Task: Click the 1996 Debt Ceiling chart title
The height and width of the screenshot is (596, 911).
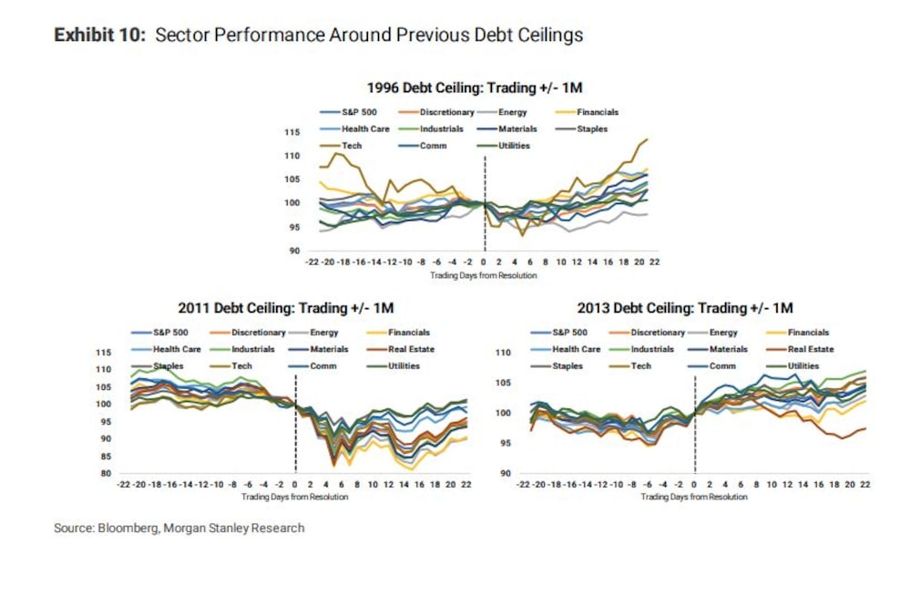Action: point(474,88)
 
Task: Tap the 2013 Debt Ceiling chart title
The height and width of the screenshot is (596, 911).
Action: point(685,308)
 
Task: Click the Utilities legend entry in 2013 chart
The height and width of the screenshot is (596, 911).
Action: point(804,365)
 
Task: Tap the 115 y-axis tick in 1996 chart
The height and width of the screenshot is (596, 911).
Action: point(292,133)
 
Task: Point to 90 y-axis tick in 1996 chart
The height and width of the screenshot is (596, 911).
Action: point(294,251)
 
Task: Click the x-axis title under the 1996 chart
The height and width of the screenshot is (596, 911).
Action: point(484,275)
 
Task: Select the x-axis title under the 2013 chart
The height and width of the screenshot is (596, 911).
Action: point(694,498)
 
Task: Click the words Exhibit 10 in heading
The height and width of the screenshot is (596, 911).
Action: point(99,35)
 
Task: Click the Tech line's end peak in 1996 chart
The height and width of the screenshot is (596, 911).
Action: point(646,139)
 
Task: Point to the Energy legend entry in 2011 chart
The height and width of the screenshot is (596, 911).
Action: point(324,333)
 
